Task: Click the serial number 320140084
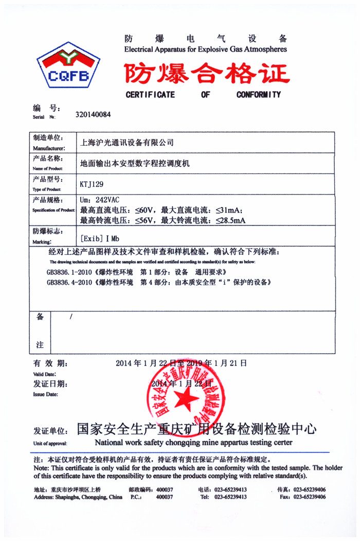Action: coord(93,115)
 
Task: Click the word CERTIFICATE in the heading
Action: coord(150,95)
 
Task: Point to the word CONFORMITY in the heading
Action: coord(259,95)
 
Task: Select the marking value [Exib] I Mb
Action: coord(100,239)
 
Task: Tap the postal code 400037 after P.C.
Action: coord(164,497)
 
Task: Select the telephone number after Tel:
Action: coord(230,497)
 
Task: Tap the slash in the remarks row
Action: coord(70,317)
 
